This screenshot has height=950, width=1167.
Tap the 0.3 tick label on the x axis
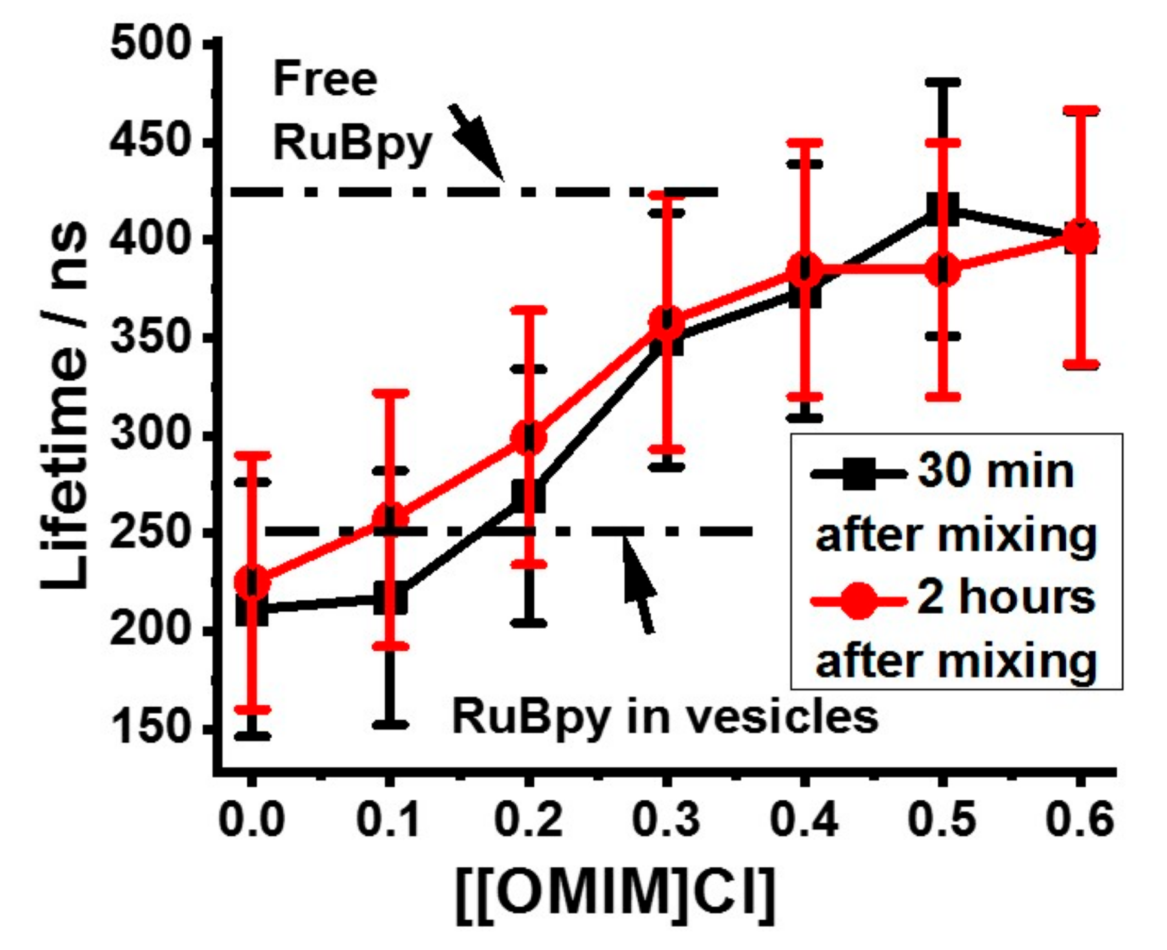[666, 820]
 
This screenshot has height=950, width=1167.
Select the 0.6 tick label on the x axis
[1080, 820]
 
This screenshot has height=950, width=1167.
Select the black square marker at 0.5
[943, 209]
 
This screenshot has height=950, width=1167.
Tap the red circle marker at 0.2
[529, 438]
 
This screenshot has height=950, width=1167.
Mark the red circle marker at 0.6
[1081, 237]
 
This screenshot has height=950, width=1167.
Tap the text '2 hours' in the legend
[1005, 598]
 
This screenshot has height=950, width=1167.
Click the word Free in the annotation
[325, 79]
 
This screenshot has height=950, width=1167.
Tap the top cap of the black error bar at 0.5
[943, 83]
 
